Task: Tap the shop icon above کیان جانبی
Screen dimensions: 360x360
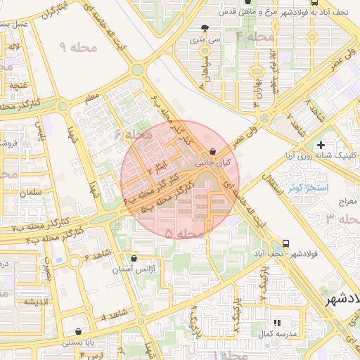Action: pyautogui.click(x=212, y=151)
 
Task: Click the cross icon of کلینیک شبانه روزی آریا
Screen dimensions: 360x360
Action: pyautogui.click(x=321, y=144)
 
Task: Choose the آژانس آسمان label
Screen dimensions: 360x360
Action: pyautogui.click(x=154, y=269)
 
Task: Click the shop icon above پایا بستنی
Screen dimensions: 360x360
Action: pyautogui.click(x=77, y=331)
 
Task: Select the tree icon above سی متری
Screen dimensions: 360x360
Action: pyautogui.click(x=204, y=29)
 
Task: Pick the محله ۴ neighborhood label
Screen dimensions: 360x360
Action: pyautogui.click(x=255, y=36)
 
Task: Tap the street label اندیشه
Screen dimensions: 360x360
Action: pyautogui.click(x=35, y=302)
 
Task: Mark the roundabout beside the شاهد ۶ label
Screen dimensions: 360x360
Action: pyautogui.click(x=75, y=262)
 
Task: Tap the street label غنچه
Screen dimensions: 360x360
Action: pyautogui.click(x=18, y=85)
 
